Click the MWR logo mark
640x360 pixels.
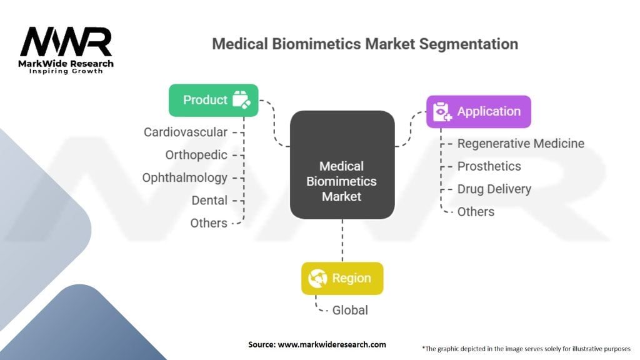[66, 42]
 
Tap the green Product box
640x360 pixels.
[214, 100]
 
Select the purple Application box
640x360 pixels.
[478, 111]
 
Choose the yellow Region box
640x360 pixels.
[342, 278]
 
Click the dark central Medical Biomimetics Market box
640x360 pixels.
[342, 165]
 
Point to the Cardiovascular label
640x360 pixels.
[185, 132]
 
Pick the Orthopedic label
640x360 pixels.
[196, 155]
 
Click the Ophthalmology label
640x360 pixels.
[184, 178]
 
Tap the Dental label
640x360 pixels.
[209, 201]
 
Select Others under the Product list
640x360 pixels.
[209, 223]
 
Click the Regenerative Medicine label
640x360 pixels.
[521, 144]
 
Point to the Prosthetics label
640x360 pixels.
[489, 166]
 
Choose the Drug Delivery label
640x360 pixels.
[494, 189]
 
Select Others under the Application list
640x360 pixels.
[476, 212]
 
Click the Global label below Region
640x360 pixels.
[350, 310]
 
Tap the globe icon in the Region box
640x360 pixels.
[317, 278]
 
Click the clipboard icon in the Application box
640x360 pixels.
[442, 112]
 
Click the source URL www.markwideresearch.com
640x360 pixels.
[332, 344]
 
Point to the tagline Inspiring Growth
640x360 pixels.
[66, 71]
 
